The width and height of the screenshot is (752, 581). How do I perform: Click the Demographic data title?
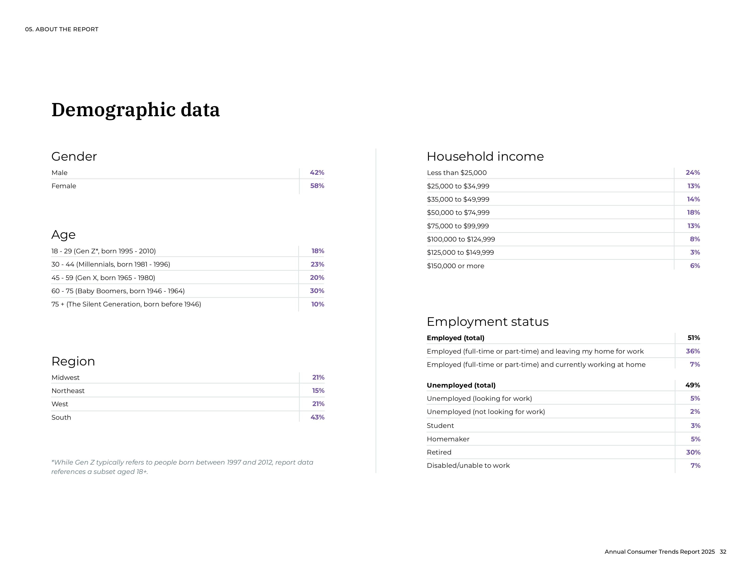point(135,110)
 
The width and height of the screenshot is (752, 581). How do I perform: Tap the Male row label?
point(59,173)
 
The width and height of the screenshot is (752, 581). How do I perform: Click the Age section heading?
point(63,235)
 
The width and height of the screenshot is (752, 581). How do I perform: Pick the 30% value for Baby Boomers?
point(317,291)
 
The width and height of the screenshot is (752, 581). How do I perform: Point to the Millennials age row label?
point(111,264)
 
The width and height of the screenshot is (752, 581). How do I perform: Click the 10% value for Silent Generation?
point(317,304)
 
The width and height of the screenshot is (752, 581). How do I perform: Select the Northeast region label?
point(68,391)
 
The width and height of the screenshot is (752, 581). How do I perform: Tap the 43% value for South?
point(317,417)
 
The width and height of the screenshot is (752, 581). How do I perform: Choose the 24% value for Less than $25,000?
point(693,173)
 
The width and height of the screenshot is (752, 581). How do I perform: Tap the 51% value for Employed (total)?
point(693,338)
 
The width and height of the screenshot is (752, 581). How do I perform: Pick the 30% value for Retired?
point(693,452)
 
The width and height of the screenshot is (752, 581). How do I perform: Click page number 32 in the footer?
point(723,552)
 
